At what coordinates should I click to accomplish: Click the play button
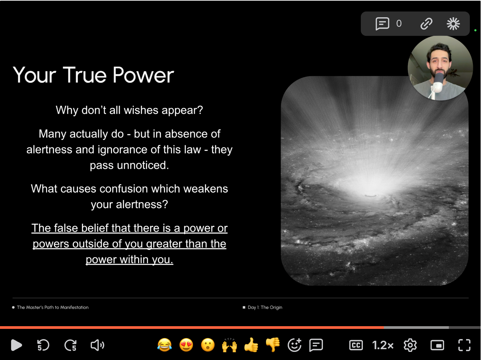[17, 345]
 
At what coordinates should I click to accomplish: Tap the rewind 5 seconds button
[43, 345]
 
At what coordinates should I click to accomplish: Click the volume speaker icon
[97, 345]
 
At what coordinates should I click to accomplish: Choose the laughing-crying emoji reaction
[165, 345]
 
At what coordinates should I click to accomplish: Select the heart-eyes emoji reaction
[186, 345]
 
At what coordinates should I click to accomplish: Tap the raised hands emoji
[229, 345]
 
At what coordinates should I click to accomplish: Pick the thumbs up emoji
[251, 345]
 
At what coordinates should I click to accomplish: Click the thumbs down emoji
[273, 345]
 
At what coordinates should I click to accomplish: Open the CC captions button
[356, 345]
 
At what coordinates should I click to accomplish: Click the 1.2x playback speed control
[383, 345]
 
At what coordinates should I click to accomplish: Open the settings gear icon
[410, 345]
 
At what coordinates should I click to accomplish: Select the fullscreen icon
[464, 345]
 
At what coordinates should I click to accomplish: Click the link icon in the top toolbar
[426, 23]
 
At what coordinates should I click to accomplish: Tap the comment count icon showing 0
[382, 23]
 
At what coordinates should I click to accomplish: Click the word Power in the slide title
[143, 75]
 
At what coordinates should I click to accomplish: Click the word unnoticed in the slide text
[143, 165]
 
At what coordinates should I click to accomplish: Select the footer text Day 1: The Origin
[265, 307]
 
